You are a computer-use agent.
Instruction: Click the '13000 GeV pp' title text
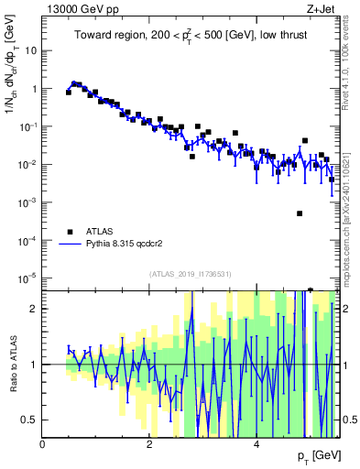coord(77,7)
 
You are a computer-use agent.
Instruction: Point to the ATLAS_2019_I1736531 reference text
coord(191,274)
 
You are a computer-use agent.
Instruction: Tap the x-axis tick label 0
coord(43,443)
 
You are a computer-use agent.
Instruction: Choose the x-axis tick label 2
coord(149,443)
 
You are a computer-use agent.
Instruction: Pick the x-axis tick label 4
coord(256,443)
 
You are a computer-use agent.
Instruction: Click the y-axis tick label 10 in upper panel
coord(29,51)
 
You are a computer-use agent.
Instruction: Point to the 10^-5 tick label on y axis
coord(27,278)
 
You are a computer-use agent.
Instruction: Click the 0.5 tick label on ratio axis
coord(29,420)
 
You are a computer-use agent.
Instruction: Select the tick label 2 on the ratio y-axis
coord(34,309)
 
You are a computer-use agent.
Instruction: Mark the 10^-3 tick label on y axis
coord(27,202)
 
